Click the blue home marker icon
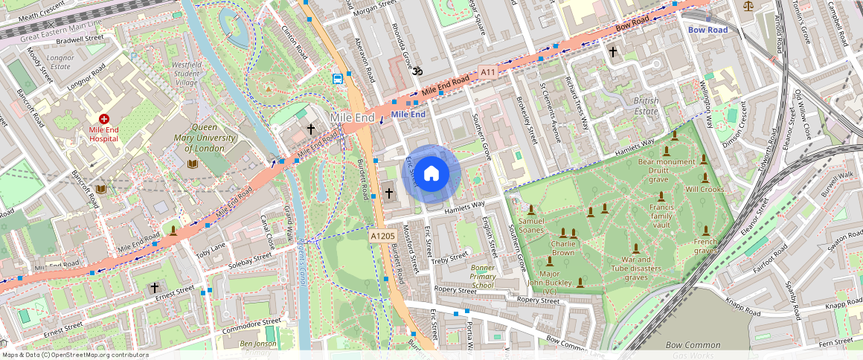pyautogui.click(x=431, y=174)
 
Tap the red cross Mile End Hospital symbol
pyautogui.click(x=104, y=119)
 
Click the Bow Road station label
pyautogui.click(x=708, y=30)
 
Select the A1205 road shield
pyautogui.click(x=382, y=236)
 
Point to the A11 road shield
pyautogui.click(x=487, y=72)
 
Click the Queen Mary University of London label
pyautogui.click(x=198, y=138)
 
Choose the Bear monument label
pyautogui.click(x=667, y=161)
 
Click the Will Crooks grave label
pyautogui.click(x=705, y=190)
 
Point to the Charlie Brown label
pyautogui.click(x=562, y=248)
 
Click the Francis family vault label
pyautogui.click(x=661, y=215)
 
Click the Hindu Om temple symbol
pyautogui.click(x=417, y=70)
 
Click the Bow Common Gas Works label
pyautogui.click(x=693, y=349)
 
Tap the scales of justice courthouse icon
pyautogui.click(x=748, y=6)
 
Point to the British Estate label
pyautogui.click(x=646, y=105)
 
